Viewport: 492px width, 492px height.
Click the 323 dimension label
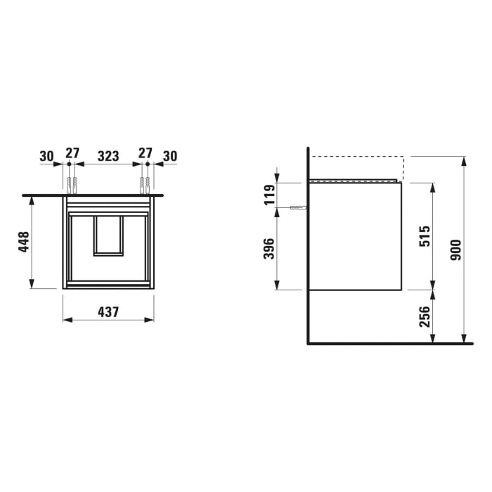pos(108,155)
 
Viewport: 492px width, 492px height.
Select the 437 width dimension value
pos(108,311)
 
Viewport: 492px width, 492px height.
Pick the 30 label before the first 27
pos(46,155)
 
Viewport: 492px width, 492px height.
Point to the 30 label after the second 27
pos(169,155)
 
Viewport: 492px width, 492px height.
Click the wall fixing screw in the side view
pos(298,208)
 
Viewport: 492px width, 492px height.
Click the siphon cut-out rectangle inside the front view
pos(108,235)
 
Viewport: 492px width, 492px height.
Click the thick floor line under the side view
pos(390,344)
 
